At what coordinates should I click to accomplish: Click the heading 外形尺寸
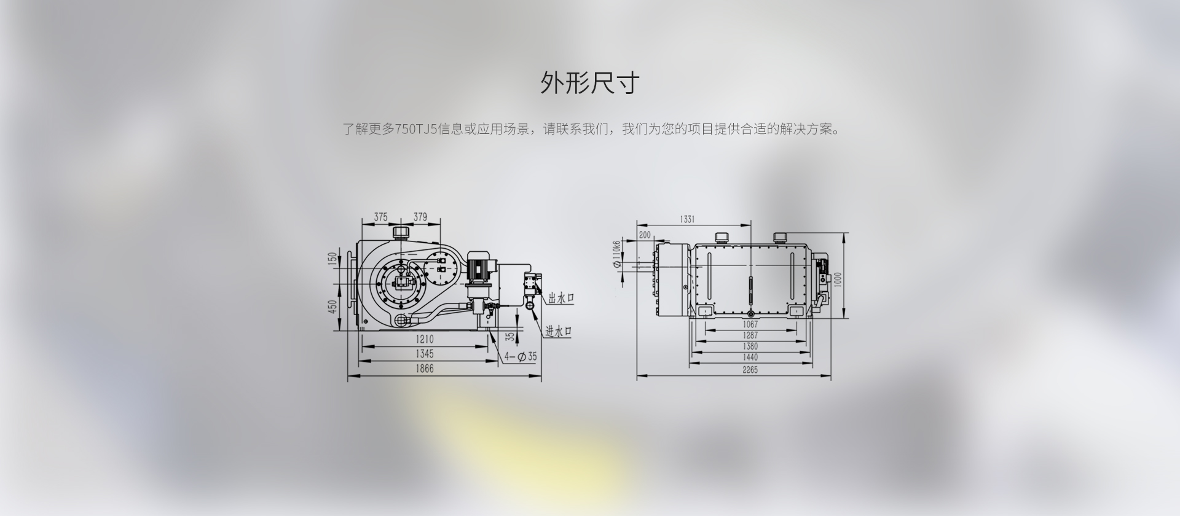click(590, 83)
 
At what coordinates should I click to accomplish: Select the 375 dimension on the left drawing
click(380, 217)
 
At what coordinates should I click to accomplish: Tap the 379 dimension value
click(420, 217)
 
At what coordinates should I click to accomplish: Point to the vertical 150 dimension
click(332, 259)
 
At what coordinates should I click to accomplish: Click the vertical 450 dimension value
click(332, 306)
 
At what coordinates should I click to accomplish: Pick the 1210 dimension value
click(424, 339)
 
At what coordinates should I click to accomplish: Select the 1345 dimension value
click(424, 354)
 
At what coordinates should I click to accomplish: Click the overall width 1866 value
click(424, 369)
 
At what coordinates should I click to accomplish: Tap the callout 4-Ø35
click(521, 356)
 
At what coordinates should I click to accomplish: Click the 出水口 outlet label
click(560, 299)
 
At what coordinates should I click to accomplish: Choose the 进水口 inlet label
click(559, 331)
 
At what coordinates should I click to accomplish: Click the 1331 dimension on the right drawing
click(687, 219)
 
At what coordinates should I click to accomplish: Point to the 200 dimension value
click(645, 235)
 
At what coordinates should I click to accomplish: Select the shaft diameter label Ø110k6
click(616, 254)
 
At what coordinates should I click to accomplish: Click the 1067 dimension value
click(750, 324)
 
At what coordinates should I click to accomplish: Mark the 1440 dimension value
click(750, 358)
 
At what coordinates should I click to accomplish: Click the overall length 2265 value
click(750, 370)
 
